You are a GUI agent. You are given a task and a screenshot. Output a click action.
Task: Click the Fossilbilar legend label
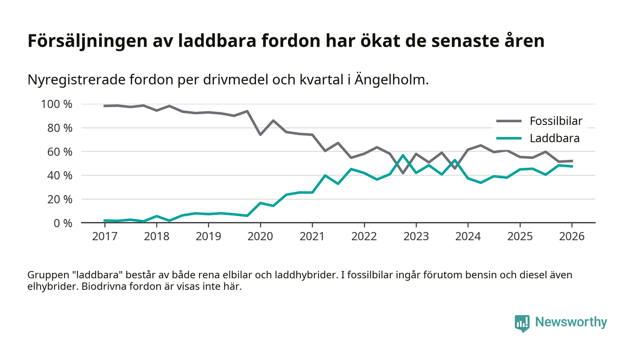(x=556, y=121)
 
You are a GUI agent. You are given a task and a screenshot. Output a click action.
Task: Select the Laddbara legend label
(x=554, y=138)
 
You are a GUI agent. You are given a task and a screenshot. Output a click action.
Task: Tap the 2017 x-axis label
(x=104, y=237)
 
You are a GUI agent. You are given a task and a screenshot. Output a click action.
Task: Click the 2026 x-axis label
(x=571, y=237)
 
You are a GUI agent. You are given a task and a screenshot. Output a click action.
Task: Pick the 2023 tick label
(x=416, y=237)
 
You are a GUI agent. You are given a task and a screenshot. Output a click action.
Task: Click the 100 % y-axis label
(x=57, y=104)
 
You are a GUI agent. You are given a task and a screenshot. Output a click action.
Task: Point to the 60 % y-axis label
(x=60, y=152)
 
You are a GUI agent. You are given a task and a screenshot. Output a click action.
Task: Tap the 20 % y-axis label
(x=60, y=199)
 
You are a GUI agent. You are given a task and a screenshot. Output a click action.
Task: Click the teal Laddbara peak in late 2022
(x=402, y=155)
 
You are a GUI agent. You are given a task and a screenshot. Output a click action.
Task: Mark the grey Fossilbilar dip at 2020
(x=260, y=135)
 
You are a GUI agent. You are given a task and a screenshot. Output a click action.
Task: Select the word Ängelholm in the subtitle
(x=391, y=80)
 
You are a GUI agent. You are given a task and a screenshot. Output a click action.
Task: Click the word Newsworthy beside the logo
(x=571, y=322)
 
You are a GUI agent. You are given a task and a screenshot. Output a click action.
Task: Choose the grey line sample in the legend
(x=509, y=121)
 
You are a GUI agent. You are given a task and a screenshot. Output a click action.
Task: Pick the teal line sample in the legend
(x=509, y=138)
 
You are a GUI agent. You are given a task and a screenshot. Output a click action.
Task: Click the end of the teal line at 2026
(x=571, y=166)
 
